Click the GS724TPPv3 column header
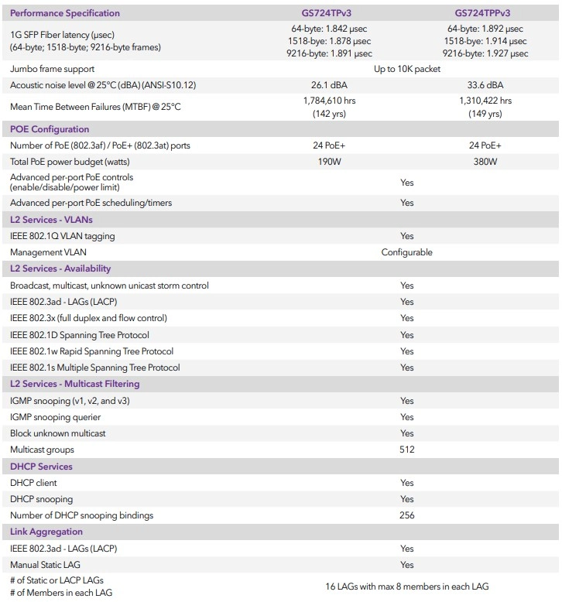point(484,12)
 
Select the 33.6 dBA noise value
point(485,85)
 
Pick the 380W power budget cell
point(485,162)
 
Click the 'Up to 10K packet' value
point(407,69)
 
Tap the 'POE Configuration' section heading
point(49,129)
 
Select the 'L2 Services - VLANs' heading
point(51,220)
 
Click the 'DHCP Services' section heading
point(41,467)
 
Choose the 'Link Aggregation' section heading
point(46,532)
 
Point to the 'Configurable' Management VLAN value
point(407,252)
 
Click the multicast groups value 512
point(407,450)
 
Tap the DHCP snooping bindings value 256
point(407,515)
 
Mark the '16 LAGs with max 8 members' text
point(407,586)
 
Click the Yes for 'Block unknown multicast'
point(407,433)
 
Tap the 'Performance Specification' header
point(64,12)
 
